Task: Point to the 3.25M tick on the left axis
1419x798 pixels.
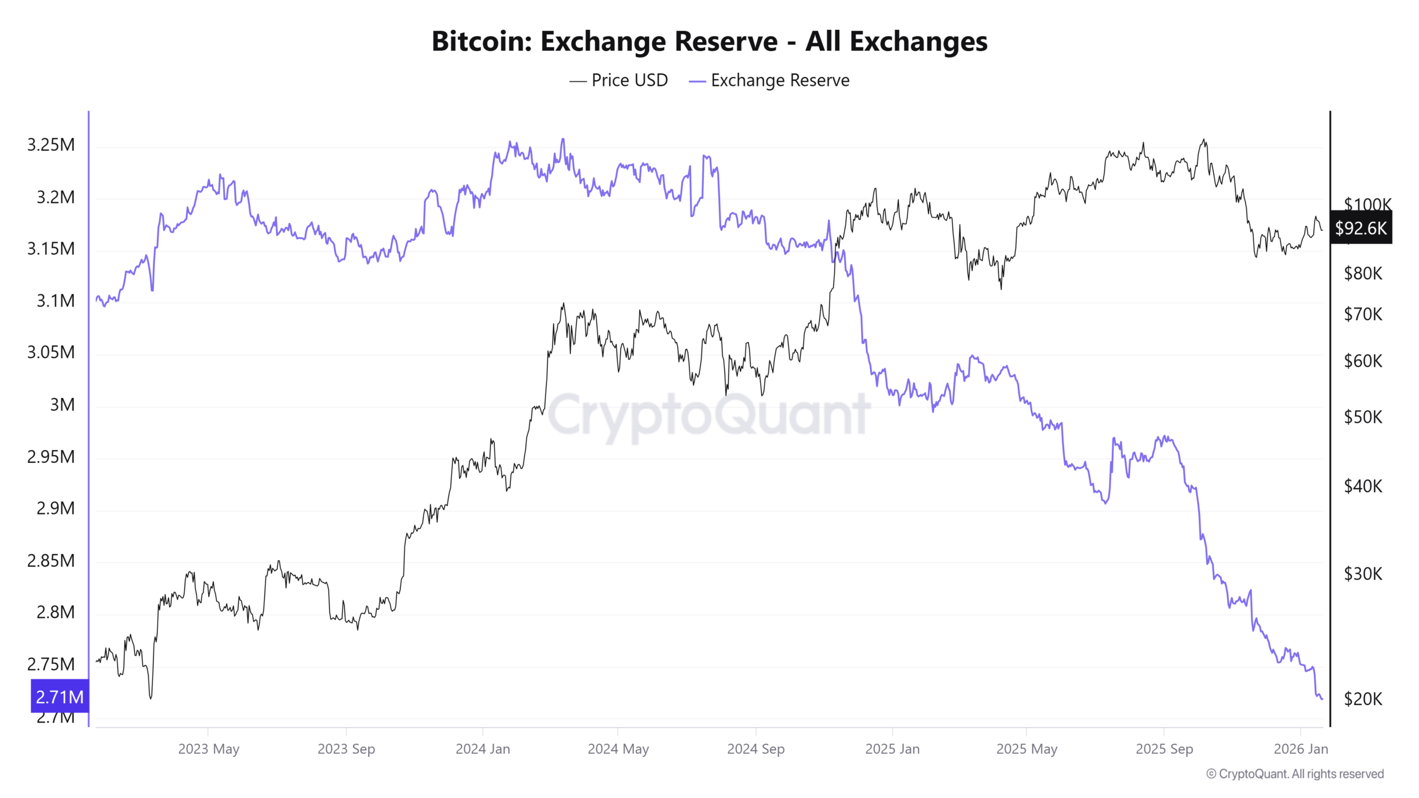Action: (51, 145)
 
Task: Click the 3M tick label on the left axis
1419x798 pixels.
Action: (62, 405)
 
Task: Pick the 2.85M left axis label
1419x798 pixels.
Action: (51, 560)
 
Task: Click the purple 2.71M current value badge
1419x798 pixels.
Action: (60, 696)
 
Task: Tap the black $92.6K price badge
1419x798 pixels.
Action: (1361, 228)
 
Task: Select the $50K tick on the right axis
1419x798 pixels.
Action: (1363, 417)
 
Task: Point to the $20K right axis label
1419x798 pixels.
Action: (1363, 699)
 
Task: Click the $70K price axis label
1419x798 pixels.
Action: (1363, 314)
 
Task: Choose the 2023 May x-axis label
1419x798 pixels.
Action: (208, 749)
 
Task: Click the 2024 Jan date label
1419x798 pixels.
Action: (483, 749)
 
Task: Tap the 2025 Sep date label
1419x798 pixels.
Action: (1164, 749)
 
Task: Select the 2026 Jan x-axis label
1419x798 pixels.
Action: (1301, 749)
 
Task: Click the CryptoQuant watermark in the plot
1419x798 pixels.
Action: (709, 415)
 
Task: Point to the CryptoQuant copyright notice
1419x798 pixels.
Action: (1295, 774)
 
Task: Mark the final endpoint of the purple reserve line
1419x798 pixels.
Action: (1322, 699)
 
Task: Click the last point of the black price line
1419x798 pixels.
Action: (1322, 230)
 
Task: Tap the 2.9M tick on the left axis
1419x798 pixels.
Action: (55, 508)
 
